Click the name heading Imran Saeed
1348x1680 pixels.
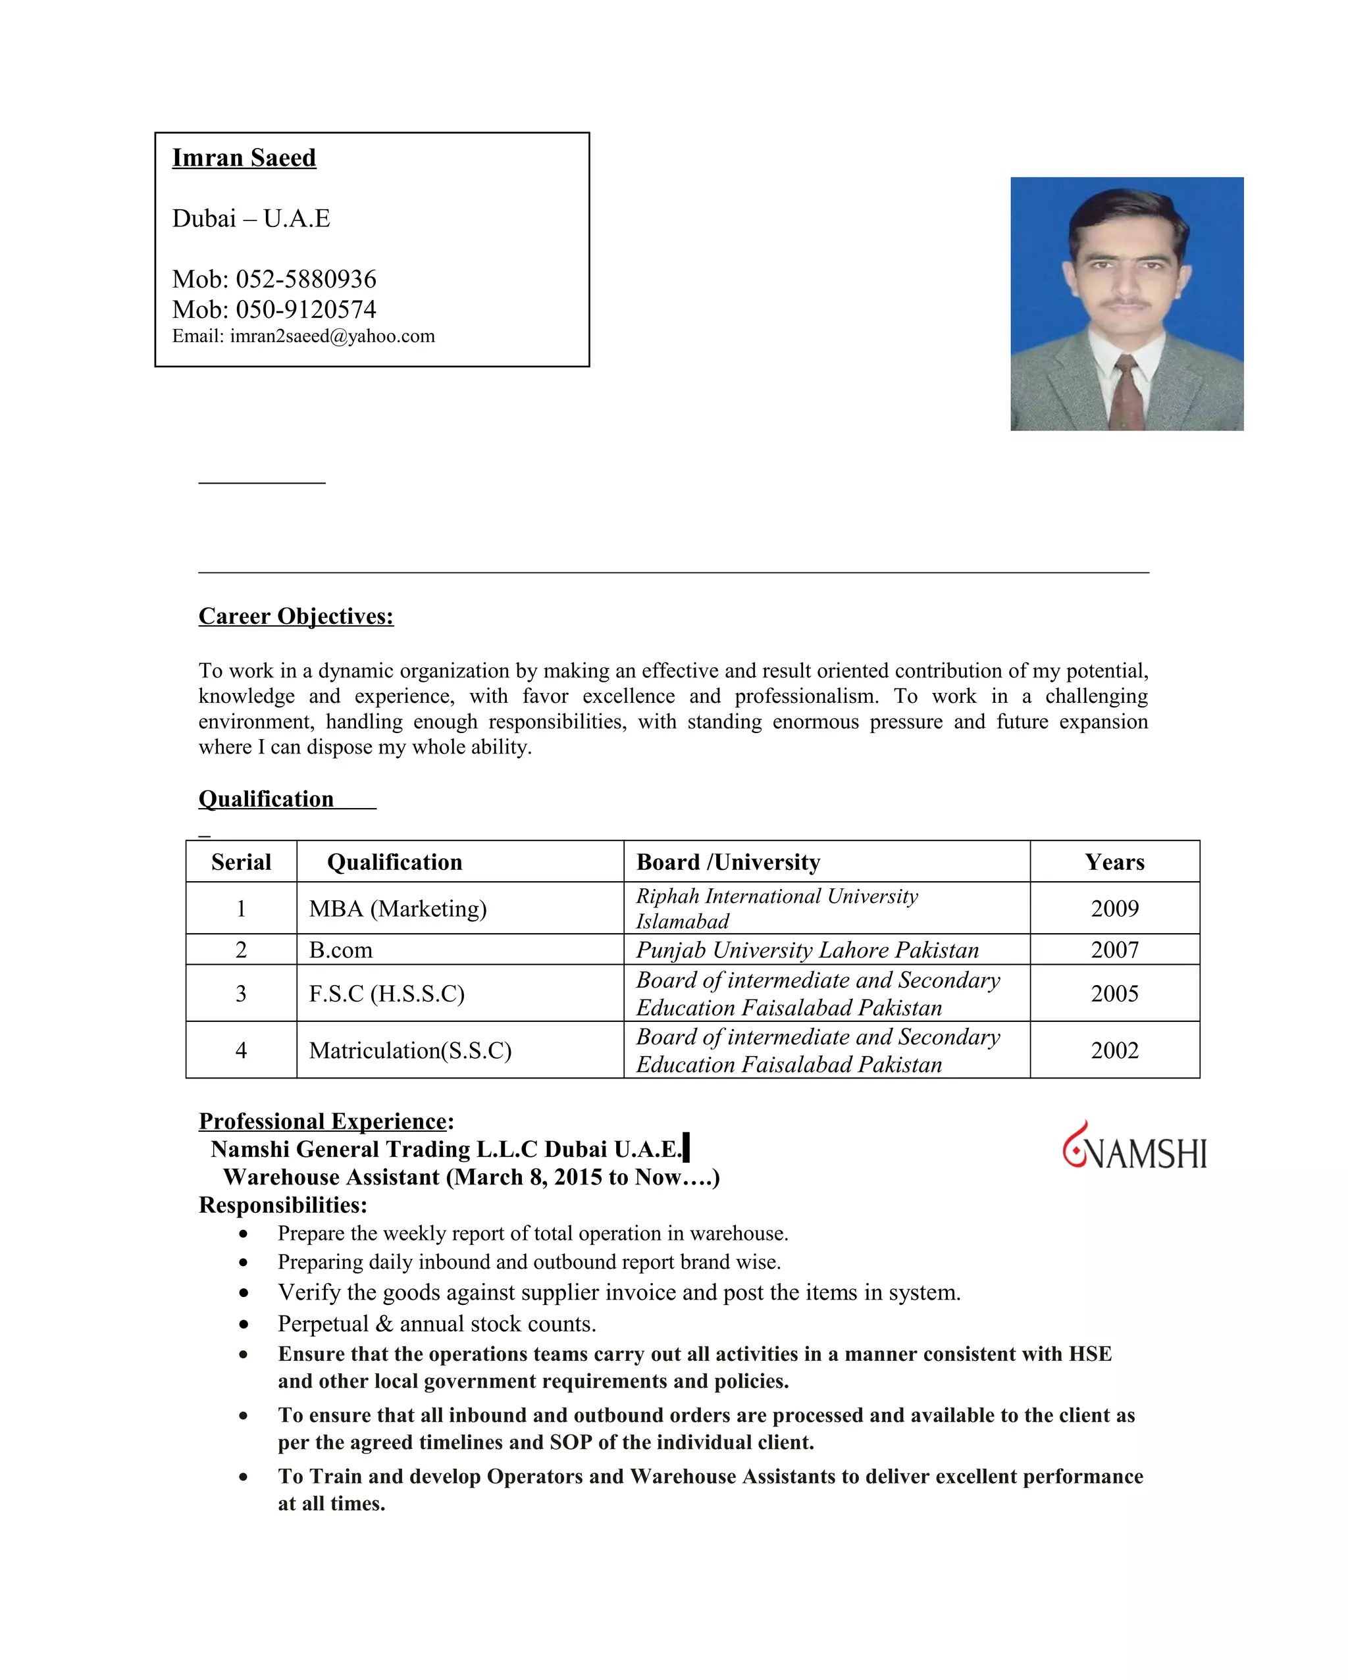(x=244, y=158)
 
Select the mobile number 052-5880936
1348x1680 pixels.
(x=305, y=279)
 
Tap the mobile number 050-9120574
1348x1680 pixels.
(x=305, y=309)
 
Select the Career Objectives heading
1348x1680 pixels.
(x=296, y=617)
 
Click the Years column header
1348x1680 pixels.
(x=1114, y=862)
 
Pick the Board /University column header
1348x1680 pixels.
(x=728, y=862)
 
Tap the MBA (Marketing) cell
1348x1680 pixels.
(x=398, y=909)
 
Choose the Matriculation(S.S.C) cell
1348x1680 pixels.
(x=410, y=1050)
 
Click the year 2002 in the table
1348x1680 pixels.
(x=1114, y=1050)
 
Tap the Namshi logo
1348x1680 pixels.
(x=1135, y=1147)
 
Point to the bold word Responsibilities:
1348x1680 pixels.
(x=283, y=1206)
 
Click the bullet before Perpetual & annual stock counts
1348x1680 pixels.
(x=244, y=1325)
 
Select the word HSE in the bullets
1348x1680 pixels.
(x=1089, y=1354)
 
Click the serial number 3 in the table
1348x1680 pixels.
(x=241, y=994)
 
